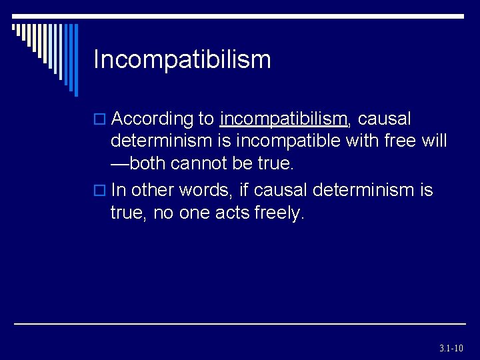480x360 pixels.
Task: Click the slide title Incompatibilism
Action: coord(182,59)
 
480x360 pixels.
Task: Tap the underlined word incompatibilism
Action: coord(283,119)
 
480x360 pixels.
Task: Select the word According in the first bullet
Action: coord(152,119)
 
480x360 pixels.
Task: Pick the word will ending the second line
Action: coord(435,142)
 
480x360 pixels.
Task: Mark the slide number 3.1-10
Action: coord(451,348)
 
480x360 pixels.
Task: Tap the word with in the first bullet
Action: coord(363,142)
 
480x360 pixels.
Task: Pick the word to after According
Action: coord(205,119)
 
